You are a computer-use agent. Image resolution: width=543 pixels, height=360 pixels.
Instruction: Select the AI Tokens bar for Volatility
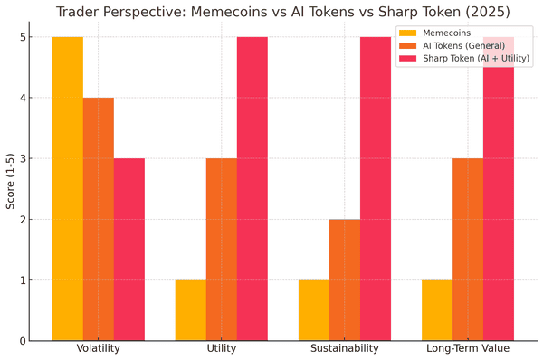click(98, 219)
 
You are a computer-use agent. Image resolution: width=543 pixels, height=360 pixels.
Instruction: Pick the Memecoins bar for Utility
click(190, 310)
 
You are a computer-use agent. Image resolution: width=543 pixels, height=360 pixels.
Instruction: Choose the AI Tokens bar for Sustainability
click(344, 279)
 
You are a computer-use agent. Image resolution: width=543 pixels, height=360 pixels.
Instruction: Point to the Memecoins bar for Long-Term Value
click(436, 310)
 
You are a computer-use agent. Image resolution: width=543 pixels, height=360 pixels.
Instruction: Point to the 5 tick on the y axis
click(21, 37)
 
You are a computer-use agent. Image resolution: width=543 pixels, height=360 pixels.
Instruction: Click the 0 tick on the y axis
click(21, 341)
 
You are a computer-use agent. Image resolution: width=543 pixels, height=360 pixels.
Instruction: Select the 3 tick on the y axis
click(21, 158)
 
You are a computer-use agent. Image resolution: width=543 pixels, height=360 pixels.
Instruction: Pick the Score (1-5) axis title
click(10, 188)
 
